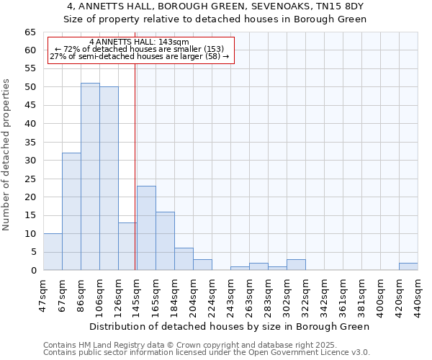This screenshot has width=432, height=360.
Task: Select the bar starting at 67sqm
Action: [x=71, y=211]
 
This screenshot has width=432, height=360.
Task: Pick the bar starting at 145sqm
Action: [x=146, y=228]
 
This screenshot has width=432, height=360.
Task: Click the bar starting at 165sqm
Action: [x=165, y=240]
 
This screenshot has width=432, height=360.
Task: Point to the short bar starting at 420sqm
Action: [x=408, y=266]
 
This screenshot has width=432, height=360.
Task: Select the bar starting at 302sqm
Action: [x=296, y=264]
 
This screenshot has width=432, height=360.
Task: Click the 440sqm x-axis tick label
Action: [x=418, y=294]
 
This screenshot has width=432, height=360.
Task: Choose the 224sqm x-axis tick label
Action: [x=212, y=294]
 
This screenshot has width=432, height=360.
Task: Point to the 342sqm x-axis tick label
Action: [x=325, y=294]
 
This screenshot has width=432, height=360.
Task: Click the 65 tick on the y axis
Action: [x=30, y=32]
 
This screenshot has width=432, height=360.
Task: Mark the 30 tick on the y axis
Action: [x=30, y=160]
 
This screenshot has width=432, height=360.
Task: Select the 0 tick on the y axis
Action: [x=33, y=270]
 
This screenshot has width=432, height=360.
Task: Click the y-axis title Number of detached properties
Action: [x=7, y=155]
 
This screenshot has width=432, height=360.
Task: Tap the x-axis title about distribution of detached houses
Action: [x=229, y=326]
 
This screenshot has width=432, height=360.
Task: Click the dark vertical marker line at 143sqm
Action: [x=135, y=166]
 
